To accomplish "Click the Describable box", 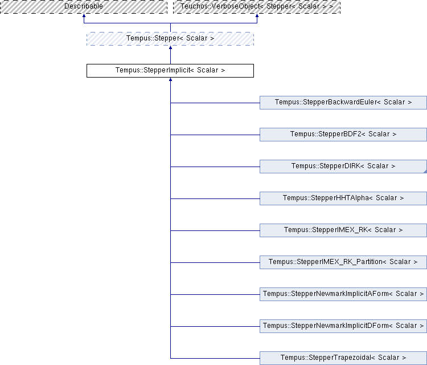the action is (x=84, y=6).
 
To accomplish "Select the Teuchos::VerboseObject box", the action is (x=257, y=6).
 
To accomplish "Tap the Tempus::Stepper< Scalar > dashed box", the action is (x=170, y=39).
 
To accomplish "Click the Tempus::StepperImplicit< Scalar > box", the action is (x=170, y=71).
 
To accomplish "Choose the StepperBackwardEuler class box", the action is (x=343, y=103).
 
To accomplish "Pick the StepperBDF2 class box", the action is (x=343, y=135).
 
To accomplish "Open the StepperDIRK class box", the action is (x=343, y=167).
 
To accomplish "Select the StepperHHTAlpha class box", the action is (x=343, y=198).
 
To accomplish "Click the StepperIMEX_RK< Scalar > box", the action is (x=343, y=230).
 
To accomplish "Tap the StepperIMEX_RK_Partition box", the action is (x=343, y=262).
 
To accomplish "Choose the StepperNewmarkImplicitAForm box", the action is (x=343, y=294).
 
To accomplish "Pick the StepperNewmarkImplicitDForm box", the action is (x=343, y=326).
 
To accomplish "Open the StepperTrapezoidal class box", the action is (x=343, y=358).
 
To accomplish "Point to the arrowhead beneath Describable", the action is (x=84, y=15).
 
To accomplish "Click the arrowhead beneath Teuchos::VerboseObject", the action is (x=257, y=15).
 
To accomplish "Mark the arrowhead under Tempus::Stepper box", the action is (x=170, y=47).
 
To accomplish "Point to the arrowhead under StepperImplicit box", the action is (x=170, y=79).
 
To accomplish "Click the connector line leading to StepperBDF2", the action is (x=215, y=135).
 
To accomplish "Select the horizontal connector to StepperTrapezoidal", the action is (x=215, y=358).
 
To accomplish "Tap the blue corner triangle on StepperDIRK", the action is (x=425, y=172).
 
